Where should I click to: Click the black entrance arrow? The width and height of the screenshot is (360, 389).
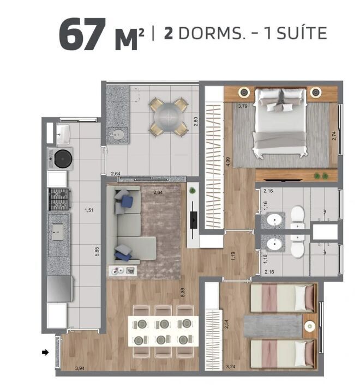point(45,352)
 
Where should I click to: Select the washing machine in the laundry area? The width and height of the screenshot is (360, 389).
point(61,159)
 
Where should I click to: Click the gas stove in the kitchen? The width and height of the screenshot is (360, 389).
point(59,199)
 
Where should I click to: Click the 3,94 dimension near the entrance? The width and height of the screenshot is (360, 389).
point(80,368)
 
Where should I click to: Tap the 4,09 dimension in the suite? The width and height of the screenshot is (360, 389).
point(229,162)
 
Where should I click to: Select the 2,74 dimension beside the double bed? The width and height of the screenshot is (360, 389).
point(334,136)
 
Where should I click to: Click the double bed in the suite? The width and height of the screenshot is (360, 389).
point(280,122)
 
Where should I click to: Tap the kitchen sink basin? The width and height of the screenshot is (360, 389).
point(58,232)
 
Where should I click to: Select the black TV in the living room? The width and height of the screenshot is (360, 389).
point(194,220)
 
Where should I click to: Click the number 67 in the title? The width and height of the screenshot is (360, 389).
point(82,34)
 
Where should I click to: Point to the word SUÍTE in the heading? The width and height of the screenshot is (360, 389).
point(302,33)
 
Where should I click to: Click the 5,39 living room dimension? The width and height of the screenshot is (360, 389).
point(183,293)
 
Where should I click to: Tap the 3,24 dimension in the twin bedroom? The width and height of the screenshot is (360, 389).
point(231,367)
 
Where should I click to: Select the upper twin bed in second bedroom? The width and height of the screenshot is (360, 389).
point(283,298)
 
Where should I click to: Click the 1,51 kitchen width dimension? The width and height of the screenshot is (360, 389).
point(89,210)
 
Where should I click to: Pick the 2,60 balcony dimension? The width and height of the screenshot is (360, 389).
point(196,121)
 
